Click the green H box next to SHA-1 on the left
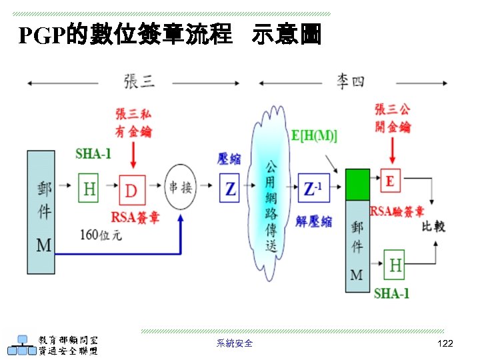click(89, 189)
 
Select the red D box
click(132, 191)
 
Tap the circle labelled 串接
click(181, 187)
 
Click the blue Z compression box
click(230, 189)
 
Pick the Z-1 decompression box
click(313, 189)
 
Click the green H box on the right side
click(395, 265)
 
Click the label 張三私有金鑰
click(133, 122)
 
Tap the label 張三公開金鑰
click(393, 117)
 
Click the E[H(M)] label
click(314, 135)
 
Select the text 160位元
click(101, 235)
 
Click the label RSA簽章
click(135, 217)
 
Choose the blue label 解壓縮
click(313, 221)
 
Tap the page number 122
click(445, 343)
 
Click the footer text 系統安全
click(235, 343)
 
